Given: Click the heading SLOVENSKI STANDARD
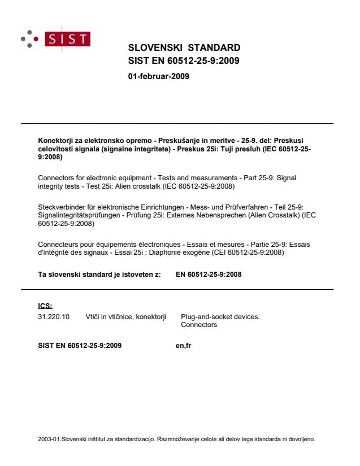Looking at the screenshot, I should tap(184, 47).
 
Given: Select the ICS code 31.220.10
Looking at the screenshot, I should tap(50, 317).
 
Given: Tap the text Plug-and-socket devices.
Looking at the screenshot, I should tap(220, 317).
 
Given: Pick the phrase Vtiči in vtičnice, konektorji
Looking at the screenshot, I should tap(126, 317).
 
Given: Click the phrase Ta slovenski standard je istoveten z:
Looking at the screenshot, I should tap(99, 275).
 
